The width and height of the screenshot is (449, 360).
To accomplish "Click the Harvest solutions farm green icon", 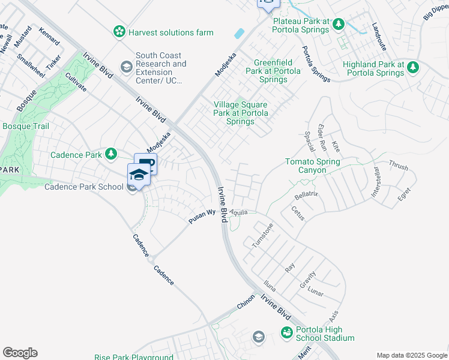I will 120,32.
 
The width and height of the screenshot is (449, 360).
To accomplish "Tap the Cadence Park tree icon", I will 110,155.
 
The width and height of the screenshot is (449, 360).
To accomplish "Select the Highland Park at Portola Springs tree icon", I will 412,68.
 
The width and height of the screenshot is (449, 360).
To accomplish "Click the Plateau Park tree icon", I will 339,25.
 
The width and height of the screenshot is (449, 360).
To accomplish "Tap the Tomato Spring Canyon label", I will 312,166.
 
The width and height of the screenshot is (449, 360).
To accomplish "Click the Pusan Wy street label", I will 202,217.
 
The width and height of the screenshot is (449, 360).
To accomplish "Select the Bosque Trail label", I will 26,127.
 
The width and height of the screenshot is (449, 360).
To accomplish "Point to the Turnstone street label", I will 263,235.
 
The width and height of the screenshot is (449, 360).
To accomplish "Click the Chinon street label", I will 246,301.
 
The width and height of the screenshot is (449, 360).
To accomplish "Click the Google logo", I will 20,353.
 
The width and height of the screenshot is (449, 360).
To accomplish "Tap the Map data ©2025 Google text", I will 411,355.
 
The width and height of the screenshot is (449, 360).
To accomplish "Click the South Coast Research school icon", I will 127,67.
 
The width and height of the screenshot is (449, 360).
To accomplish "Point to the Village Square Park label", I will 241,113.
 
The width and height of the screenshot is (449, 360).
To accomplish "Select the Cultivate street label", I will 76,82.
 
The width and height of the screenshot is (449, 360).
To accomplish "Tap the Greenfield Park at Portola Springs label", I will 277,71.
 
